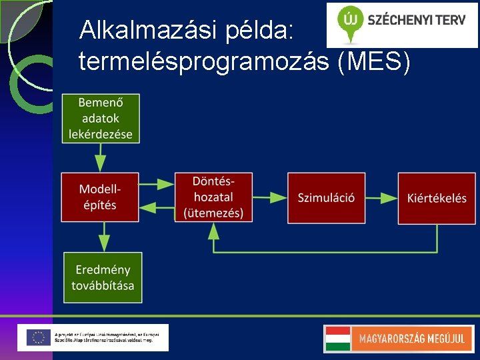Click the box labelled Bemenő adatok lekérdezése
tap(101, 118)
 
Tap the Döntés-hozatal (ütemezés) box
tap(213, 197)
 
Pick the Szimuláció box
tap(326, 197)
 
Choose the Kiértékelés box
tap(437, 197)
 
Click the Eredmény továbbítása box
tap(103, 277)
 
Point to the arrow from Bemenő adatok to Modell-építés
tap(100, 157)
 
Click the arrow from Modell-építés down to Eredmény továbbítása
tap(103, 237)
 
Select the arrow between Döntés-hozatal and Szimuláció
tap(269, 197)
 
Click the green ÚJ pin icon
tap(349, 20)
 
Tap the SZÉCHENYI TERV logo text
tap(417, 20)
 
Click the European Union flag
tap(39, 337)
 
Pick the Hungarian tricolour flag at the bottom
tap(337, 339)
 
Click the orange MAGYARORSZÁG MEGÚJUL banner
tap(411, 339)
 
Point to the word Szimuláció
tap(326, 197)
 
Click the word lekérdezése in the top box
tap(101, 133)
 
